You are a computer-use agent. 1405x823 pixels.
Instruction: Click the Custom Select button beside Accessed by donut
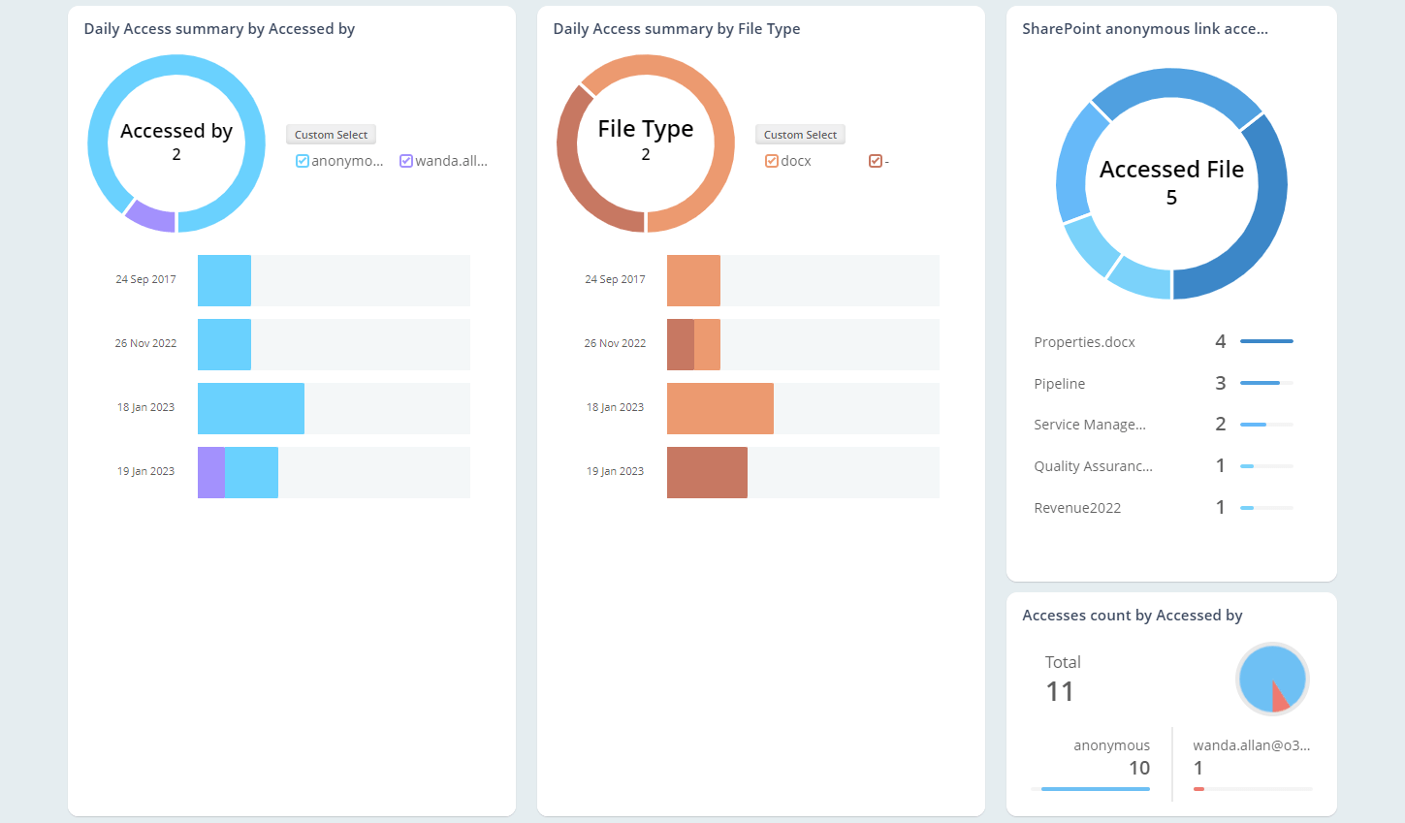[331, 135]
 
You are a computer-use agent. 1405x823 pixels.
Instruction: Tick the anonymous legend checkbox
[303, 161]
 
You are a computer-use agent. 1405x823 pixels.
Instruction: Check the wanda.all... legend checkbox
[406, 161]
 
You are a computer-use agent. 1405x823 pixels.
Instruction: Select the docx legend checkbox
[772, 161]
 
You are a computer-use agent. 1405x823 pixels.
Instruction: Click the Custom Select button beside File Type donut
[800, 135]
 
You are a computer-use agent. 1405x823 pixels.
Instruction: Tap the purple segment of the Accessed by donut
[150, 216]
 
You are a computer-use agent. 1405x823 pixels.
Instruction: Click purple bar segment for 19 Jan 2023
[211, 473]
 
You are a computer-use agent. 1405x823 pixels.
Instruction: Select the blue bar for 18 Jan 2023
[250, 408]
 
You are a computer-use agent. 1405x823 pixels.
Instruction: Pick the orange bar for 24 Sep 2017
[693, 280]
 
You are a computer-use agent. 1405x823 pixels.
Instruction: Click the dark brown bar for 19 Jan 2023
[707, 473]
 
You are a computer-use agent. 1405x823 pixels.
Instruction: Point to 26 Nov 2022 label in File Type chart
[615, 343]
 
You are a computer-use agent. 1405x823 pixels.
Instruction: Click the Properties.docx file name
[1084, 342]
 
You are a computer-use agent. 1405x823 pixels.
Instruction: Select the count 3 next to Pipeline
[1220, 384]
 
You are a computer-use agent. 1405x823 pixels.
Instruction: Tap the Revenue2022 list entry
[1077, 508]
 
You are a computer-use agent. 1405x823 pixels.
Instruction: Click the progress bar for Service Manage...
[1265, 425]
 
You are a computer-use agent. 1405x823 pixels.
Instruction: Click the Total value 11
[1060, 691]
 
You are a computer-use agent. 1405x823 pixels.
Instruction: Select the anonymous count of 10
[1138, 768]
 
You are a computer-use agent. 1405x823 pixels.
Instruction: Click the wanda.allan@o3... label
[1251, 745]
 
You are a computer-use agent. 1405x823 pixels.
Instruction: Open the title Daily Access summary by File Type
[676, 29]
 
